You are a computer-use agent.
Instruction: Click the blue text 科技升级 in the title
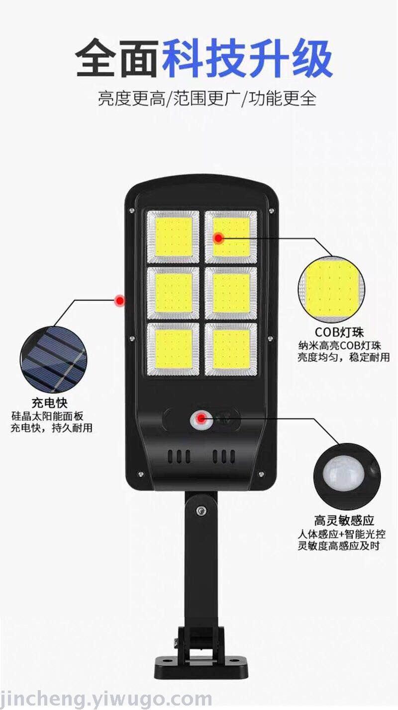coord(247,58)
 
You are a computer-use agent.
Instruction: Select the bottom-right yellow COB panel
coord(231,349)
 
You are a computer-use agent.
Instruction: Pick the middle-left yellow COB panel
coord(174,293)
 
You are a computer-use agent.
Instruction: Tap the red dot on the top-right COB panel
coord(218,237)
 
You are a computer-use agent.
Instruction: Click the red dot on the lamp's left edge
coord(120,300)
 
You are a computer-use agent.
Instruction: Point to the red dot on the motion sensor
coord(200,418)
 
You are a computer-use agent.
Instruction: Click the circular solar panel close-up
coord(54,360)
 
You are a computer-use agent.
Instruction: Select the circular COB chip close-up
coord(331,290)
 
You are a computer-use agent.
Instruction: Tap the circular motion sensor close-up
coord(347,476)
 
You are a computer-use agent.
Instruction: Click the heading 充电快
coord(50,403)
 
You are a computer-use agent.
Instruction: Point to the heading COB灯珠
coord(339,332)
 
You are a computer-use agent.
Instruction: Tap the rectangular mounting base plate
coord(201,665)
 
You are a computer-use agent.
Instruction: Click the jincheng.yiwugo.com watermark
coord(105,698)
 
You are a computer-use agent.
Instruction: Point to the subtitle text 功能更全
coord(282,98)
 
